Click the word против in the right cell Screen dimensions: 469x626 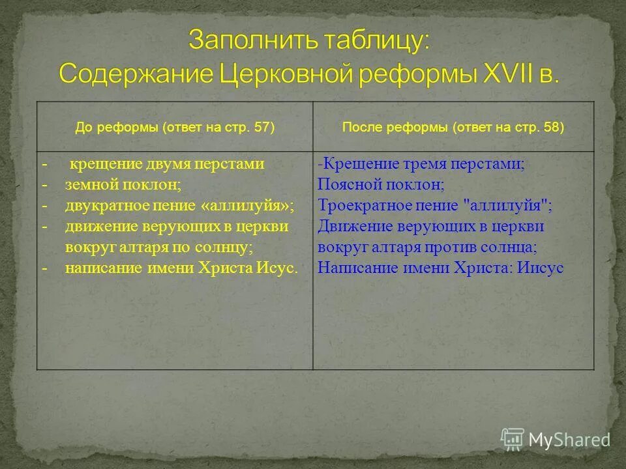pyautogui.click(x=458, y=248)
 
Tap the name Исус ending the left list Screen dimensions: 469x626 pyautogui.click(x=277, y=268)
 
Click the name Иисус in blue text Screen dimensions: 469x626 pyautogui.click(x=541, y=268)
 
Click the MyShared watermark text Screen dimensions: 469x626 pyautogui.click(x=569, y=440)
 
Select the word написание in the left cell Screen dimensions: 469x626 pyautogui.click(x=96, y=268)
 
